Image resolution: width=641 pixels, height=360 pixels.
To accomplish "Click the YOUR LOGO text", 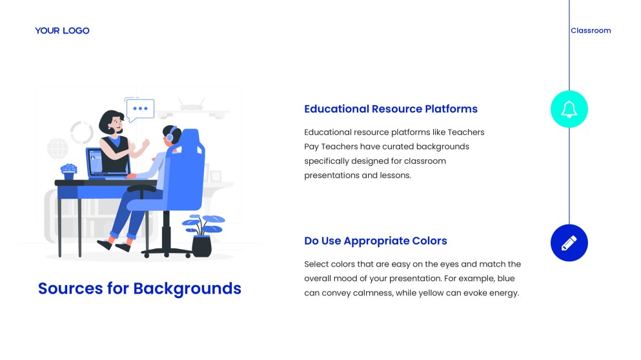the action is [62, 31].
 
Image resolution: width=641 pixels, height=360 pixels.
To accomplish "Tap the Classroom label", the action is [591, 31].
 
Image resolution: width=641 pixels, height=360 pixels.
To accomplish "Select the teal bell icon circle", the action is [569, 109].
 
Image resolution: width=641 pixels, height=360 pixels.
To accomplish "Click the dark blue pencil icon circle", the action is [569, 243].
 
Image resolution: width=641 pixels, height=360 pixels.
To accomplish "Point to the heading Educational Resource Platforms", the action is [391, 109].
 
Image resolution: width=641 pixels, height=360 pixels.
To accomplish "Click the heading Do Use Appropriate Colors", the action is [375, 241].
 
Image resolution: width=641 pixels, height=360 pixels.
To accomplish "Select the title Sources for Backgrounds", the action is [139, 288].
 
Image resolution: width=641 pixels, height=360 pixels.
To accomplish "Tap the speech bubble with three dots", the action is [140, 110].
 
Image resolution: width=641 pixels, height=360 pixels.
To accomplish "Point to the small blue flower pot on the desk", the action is [68, 172].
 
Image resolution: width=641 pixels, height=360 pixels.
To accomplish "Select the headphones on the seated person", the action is [171, 134].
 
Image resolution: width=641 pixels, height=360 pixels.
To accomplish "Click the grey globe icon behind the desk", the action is [57, 148].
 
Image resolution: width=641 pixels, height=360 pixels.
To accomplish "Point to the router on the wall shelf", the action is [191, 105].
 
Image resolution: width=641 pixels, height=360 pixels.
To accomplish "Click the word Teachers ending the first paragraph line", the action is [466, 132].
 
